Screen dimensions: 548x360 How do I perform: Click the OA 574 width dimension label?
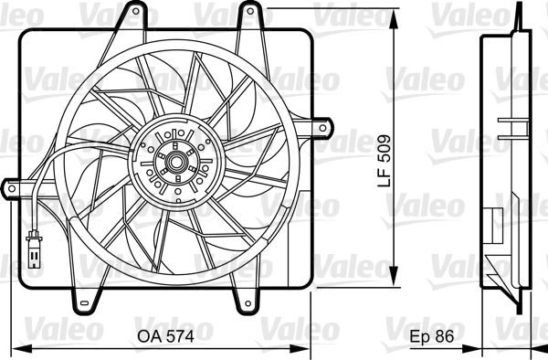click(x=165, y=336)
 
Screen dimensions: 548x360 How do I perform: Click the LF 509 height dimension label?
click(x=385, y=161)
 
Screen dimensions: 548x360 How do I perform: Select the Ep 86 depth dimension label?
click(x=432, y=336)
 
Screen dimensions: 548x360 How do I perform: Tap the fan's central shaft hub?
click(x=175, y=162)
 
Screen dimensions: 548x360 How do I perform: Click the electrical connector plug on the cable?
click(x=34, y=249)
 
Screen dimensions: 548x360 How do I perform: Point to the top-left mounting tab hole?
click(x=135, y=12)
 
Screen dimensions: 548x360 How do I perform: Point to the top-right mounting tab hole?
click(x=250, y=11)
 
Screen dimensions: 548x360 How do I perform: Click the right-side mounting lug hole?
click(x=322, y=128)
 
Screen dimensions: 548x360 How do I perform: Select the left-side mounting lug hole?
click(x=12, y=189)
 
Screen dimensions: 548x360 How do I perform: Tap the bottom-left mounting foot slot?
click(x=84, y=302)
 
